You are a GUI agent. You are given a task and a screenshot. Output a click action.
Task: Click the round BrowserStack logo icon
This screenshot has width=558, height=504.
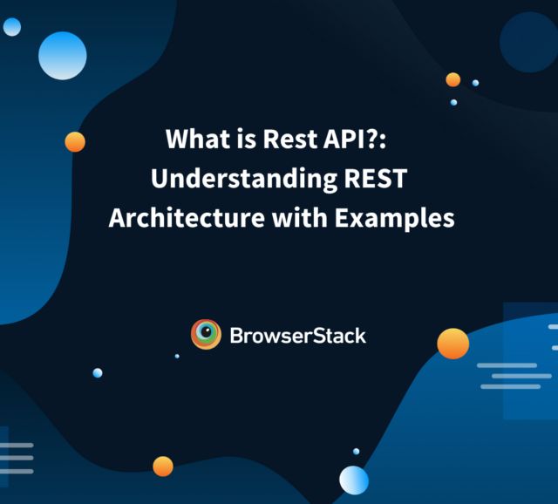206,334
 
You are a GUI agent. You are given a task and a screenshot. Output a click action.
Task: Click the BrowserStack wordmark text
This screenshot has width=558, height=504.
297,335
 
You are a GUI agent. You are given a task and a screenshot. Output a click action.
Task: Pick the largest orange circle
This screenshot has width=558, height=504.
453,344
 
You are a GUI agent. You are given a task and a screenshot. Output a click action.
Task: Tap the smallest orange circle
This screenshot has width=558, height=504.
453,79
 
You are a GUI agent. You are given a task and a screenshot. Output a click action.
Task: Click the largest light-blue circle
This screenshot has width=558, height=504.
63,55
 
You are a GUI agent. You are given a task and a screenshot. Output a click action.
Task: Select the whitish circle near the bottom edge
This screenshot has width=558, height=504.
353,480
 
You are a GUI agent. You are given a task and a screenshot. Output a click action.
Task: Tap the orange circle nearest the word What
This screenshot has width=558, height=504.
75,141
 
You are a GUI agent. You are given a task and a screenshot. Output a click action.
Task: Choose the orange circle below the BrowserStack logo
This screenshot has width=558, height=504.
163,467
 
